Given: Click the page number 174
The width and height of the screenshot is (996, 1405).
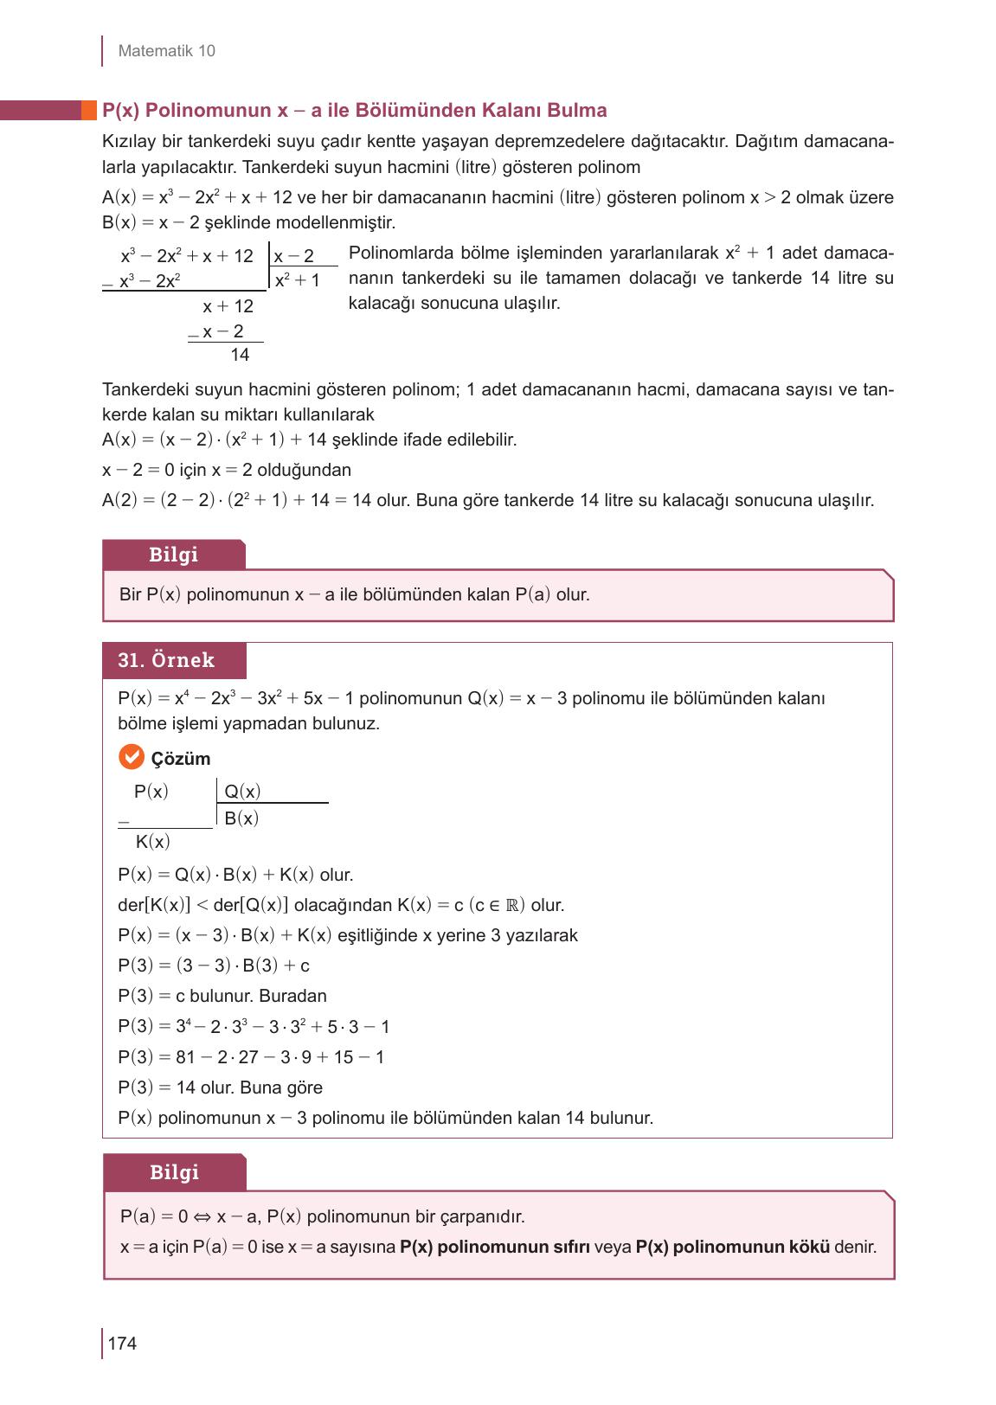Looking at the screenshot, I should (x=122, y=1344).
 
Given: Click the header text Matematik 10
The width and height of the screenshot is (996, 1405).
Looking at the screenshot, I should (x=166, y=51).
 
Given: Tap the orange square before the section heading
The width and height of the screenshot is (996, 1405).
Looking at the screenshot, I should (x=88, y=110).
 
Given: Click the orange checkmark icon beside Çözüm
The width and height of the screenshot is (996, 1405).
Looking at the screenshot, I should (x=131, y=758).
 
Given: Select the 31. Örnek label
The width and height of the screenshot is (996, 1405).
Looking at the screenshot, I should (x=166, y=660).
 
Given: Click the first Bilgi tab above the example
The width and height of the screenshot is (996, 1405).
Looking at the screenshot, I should (x=173, y=555).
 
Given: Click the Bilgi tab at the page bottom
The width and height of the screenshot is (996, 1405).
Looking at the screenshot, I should (x=174, y=1172).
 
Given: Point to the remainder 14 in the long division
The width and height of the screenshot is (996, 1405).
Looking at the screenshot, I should (x=240, y=355).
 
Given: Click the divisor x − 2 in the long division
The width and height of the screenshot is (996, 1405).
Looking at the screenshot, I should (x=293, y=256).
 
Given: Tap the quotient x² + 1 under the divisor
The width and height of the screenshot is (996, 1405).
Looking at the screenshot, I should (x=297, y=280).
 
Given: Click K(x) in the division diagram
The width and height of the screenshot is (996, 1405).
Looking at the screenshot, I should (x=152, y=842).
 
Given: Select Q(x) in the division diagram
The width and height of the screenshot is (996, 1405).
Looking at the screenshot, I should (x=242, y=792).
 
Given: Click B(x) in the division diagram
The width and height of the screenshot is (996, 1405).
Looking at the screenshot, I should (x=241, y=818).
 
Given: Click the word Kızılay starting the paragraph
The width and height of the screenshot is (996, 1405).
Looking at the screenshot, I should (x=130, y=142).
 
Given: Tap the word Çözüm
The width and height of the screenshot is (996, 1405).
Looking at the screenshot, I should (x=181, y=759).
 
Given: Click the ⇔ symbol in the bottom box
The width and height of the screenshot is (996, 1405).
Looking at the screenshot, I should (x=202, y=1217).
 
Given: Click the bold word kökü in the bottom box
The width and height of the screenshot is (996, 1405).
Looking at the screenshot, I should (x=809, y=1248).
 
